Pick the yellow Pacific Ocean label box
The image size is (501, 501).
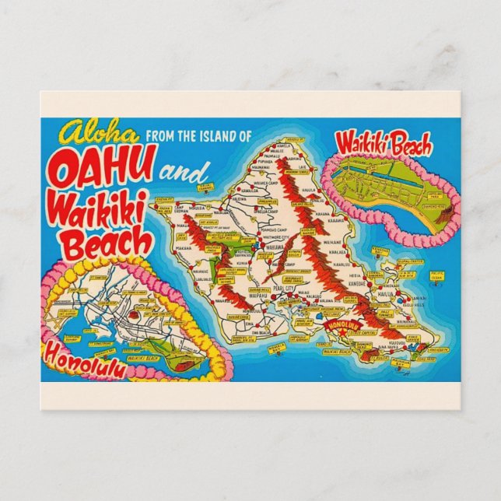click(x=436, y=275)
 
